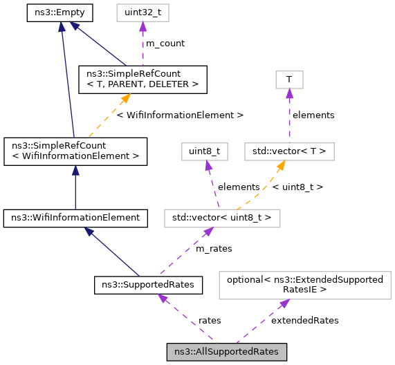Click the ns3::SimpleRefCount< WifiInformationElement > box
click(75, 151)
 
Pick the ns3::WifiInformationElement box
click(75, 218)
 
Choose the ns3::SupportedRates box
click(148, 284)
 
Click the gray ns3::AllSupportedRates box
click(226, 351)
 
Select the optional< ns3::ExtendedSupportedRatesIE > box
click(305, 284)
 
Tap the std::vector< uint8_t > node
click(222, 218)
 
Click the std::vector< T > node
click(290, 151)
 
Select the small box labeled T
click(289, 79)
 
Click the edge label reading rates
click(210, 320)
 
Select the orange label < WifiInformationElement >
click(180, 115)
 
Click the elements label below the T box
click(313, 115)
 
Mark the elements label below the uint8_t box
click(239, 187)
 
